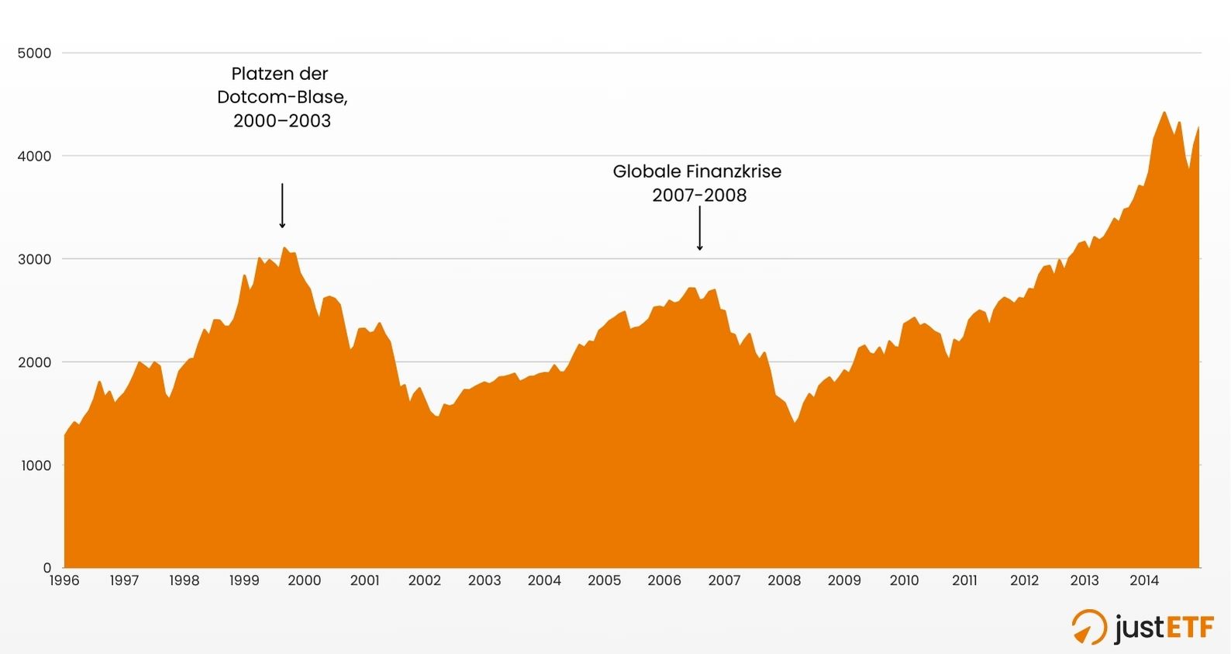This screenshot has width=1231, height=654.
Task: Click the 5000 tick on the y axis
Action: pos(34,54)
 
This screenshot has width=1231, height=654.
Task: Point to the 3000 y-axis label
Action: pos(34,259)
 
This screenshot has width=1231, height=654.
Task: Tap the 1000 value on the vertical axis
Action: pos(34,465)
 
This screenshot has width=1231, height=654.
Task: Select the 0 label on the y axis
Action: pos(47,568)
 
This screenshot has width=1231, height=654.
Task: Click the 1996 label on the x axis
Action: pos(64,580)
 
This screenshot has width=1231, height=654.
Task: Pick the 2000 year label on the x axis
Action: pos(305,580)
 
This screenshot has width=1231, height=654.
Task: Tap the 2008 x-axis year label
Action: pos(784,580)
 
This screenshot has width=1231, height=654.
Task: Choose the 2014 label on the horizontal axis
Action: pos(1144,580)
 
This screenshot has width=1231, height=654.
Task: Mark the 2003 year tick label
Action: pos(484,580)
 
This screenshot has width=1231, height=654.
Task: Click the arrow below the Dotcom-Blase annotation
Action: pos(282,206)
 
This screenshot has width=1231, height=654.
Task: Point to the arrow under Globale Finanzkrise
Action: pos(699,229)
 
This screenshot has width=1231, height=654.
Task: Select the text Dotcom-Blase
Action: pos(281,97)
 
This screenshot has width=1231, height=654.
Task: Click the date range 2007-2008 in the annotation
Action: pos(699,195)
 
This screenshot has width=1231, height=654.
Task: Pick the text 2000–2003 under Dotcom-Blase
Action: pos(282,121)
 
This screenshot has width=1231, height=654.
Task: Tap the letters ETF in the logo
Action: pos(1190,627)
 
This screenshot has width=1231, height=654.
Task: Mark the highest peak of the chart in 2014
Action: pos(1164,112)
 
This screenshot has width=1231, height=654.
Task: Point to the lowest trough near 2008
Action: pos(794,422)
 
